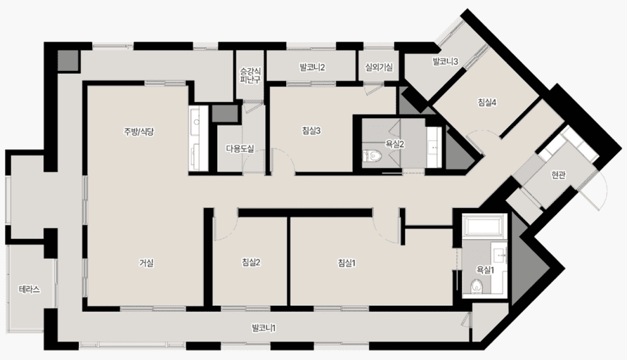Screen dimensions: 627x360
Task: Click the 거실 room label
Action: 146,263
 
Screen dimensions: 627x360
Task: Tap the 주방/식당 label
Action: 138,131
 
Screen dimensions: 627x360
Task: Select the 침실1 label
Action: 347,263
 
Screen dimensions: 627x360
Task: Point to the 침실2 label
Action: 251,262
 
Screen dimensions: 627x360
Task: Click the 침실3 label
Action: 311,130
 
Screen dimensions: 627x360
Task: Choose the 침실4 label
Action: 487,103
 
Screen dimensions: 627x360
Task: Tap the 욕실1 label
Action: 485,270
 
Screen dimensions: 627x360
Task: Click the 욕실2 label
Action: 395,144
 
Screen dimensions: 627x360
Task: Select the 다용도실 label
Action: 240,149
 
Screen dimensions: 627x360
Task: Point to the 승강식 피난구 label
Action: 250,76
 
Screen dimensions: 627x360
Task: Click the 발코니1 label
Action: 264,328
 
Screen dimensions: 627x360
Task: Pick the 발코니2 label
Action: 312,67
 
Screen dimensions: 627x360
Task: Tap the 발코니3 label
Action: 445,61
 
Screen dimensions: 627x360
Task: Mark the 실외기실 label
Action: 379,67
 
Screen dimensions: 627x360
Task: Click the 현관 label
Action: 558,175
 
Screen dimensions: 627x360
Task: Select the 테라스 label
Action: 30,289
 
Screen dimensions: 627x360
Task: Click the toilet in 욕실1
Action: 476,287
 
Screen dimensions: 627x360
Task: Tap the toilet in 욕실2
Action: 373,156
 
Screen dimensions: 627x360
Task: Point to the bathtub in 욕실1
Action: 485,226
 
